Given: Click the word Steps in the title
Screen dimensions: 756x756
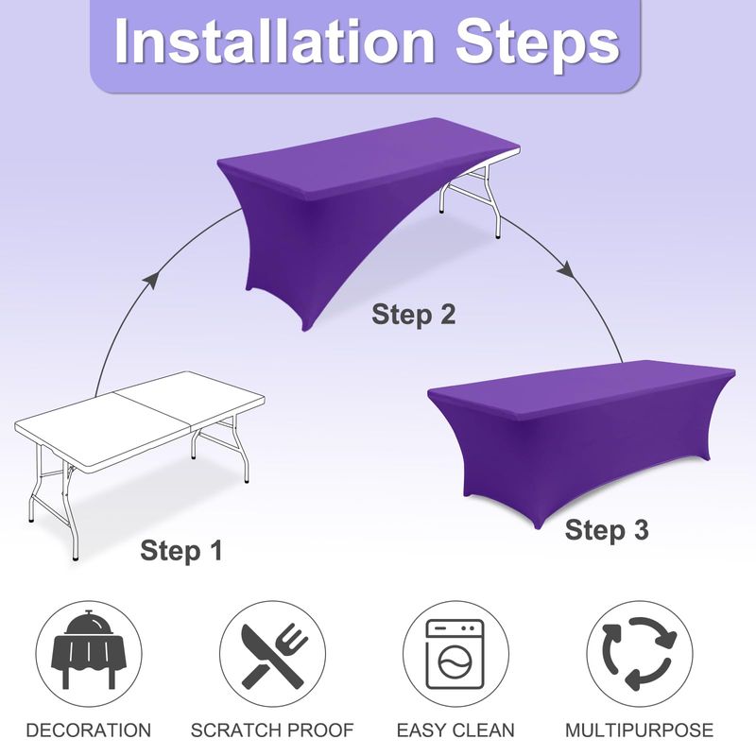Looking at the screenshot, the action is [x=538, y=45].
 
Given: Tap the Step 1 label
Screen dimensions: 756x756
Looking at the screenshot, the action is [x=181, y=551].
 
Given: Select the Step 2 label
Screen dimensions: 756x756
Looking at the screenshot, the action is [x=413, y=315].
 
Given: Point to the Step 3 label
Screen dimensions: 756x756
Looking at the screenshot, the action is [x=607, y=530].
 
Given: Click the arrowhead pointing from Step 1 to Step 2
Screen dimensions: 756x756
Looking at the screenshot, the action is [x=151, y=279].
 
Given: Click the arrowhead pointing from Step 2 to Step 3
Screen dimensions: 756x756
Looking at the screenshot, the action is [x=566, y=269].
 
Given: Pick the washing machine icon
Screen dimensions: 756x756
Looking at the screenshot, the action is [x=455, y=654].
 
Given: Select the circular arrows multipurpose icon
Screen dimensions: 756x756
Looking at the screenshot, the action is [x=640, y=654].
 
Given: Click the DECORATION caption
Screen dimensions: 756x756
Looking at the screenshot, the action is [x=89, y=730].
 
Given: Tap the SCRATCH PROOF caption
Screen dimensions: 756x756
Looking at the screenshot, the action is [x=272, y=730].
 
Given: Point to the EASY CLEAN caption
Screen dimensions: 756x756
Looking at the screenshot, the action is [x=455, y=730].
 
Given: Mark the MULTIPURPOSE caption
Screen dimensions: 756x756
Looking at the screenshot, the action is [x=640, y=730].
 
